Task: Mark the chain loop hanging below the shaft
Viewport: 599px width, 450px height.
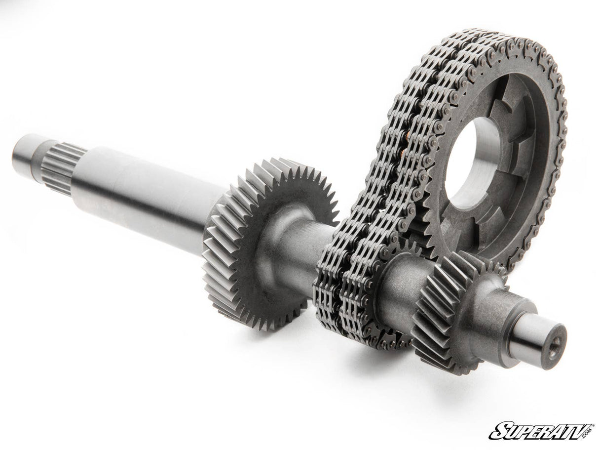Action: (355, 316)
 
